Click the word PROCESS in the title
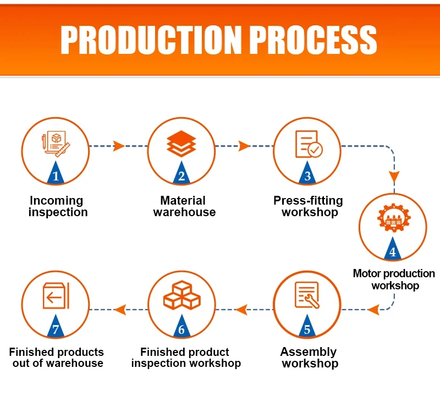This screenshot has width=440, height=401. point(313,40)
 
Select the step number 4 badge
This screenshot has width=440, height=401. point(392,251)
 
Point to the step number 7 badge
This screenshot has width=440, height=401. point(56,329)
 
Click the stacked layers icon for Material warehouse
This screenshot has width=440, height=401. point(182,144)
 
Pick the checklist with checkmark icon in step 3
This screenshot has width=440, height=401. point(308,144)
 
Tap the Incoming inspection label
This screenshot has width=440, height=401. point(57,206)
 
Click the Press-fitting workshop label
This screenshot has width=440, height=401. point(308,206)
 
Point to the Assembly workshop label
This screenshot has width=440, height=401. point(309,358)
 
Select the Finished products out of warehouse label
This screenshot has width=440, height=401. point(56,358)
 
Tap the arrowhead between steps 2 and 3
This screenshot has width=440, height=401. point(244,146)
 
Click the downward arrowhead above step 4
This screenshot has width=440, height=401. point(394,177)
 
